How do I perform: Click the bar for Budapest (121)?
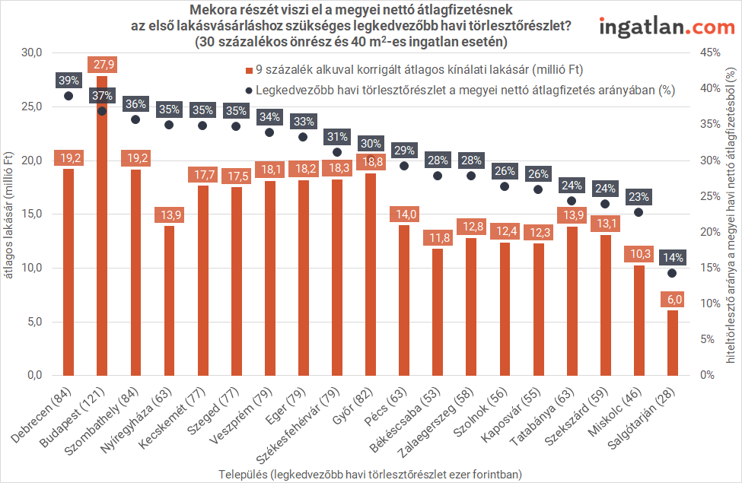(102, 228)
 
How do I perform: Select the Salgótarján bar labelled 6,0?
(672, 342)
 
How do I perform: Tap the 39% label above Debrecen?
(68, 81)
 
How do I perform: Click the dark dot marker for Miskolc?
(639, 212)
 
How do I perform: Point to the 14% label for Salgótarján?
(672, 258)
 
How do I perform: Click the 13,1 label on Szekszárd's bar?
(605, 222)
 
